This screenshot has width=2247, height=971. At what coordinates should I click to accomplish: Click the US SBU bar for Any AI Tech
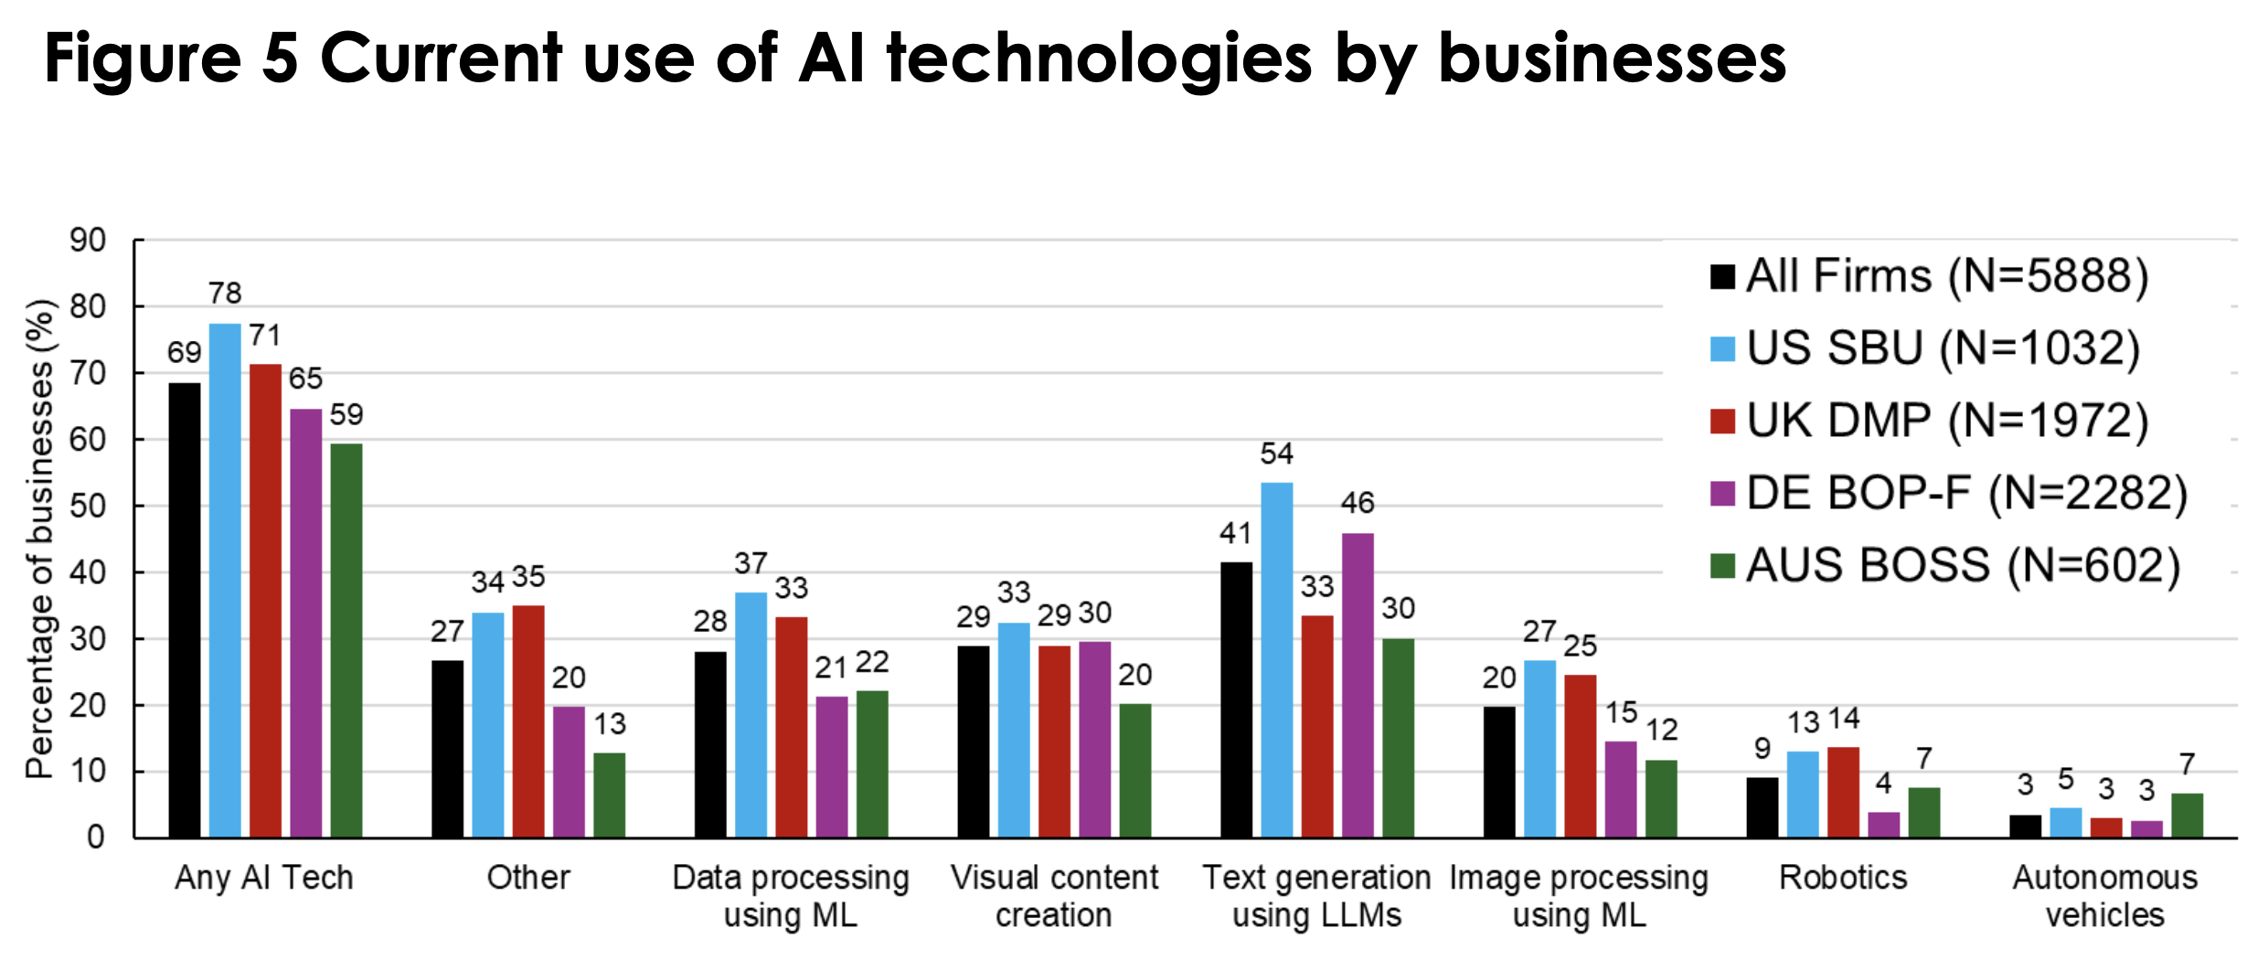225,581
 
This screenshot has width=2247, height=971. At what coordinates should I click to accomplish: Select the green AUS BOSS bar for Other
609,795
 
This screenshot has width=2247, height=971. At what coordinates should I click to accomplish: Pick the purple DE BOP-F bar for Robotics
1883,825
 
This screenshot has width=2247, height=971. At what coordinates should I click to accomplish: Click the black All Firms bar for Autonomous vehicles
2025,827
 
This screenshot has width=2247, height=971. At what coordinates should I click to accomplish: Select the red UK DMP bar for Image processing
1580,756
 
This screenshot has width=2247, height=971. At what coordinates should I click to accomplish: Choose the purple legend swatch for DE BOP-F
1722,494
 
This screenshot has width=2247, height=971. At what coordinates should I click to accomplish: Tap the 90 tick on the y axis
89,240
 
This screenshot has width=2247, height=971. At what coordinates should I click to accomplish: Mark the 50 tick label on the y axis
89,506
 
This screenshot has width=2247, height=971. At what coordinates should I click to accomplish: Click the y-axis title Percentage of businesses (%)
39,539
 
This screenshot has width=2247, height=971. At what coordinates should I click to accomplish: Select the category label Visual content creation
1053,896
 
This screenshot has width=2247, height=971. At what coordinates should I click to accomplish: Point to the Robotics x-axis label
1843,878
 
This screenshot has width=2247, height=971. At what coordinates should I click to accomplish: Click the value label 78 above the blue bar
225,293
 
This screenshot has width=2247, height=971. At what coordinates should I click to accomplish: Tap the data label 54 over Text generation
1276,453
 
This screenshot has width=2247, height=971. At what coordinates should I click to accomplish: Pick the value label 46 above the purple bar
1357,503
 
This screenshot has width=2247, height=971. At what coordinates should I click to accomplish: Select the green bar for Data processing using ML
872,764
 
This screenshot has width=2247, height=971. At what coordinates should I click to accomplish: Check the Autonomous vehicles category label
2104,896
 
